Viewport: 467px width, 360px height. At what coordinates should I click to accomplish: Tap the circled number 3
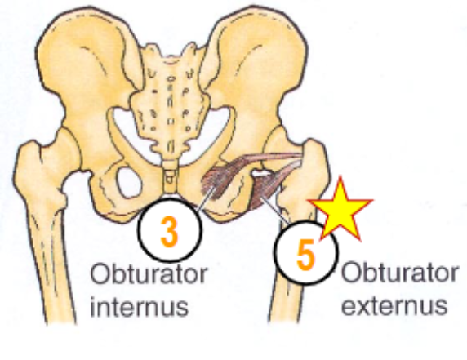point(168,232)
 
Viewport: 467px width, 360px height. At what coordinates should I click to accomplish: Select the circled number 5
point(305,254)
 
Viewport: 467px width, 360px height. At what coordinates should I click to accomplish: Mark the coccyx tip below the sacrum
point(168,171)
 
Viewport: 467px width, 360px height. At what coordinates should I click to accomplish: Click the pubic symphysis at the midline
point(168,196)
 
